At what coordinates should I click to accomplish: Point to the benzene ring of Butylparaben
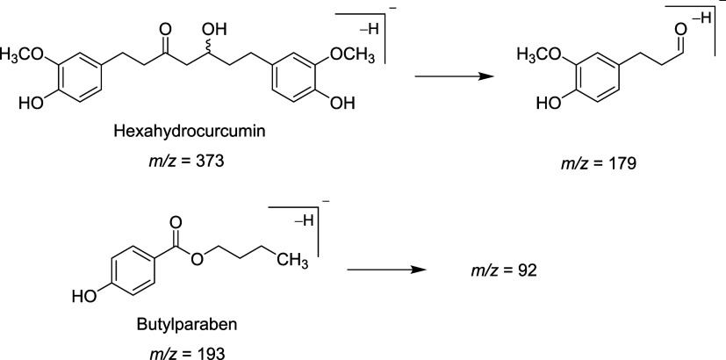click(132, 270)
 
